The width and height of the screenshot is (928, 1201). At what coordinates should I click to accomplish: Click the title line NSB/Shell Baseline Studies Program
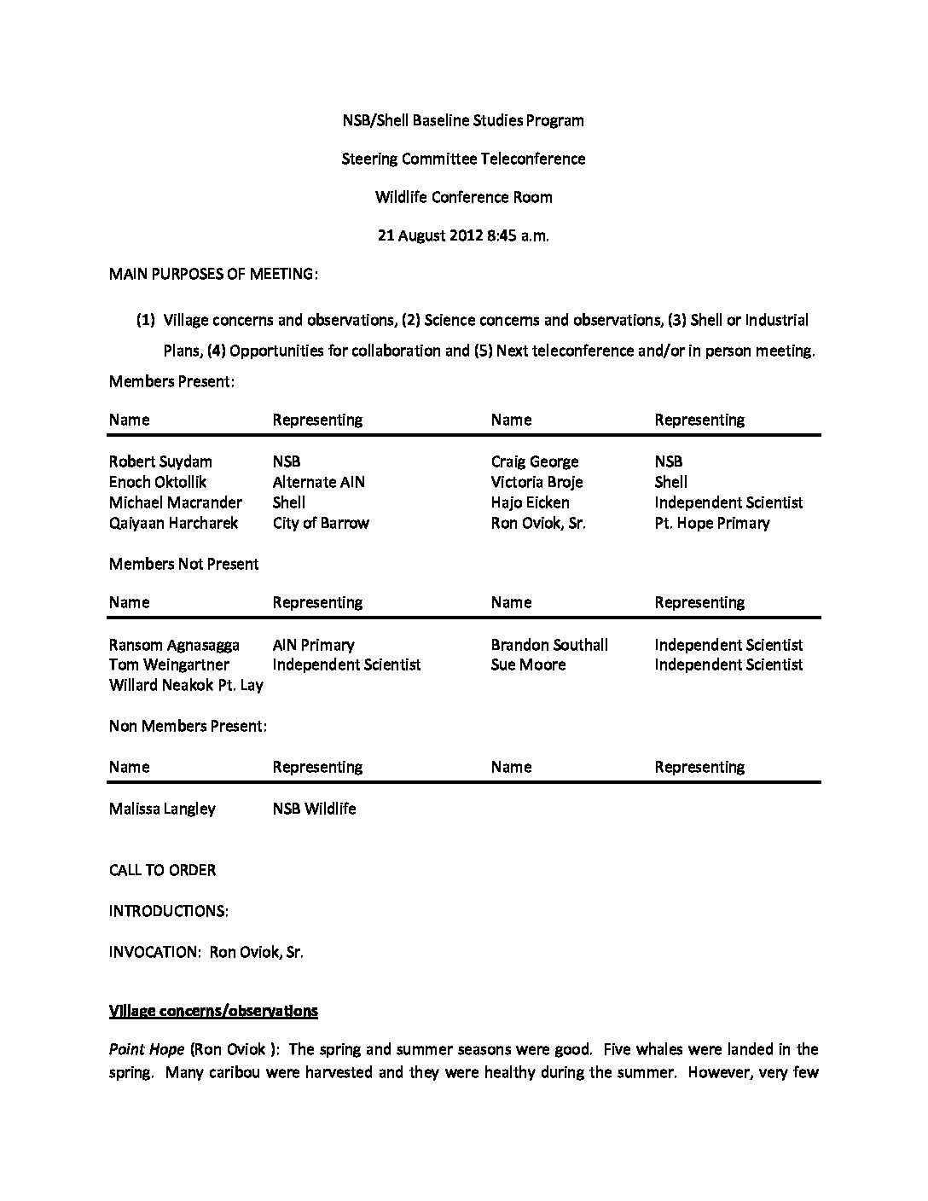463,120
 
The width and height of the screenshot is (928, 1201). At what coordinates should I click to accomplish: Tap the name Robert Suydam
160,461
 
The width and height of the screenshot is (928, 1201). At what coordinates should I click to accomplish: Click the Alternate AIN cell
318,482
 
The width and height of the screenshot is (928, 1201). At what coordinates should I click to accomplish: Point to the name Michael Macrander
175,502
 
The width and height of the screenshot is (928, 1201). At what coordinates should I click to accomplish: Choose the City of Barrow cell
321,523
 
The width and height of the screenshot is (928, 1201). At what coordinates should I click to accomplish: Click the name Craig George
535,461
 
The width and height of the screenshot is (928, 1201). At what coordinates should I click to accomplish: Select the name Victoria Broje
536,482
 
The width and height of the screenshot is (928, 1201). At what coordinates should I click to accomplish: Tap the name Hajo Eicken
530,502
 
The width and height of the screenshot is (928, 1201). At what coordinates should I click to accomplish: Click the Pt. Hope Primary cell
711,523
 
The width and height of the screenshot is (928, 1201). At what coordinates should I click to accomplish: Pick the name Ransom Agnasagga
174,645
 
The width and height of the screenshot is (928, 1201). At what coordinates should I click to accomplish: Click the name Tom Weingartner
169,664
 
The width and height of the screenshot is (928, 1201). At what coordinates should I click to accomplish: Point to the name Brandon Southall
549,645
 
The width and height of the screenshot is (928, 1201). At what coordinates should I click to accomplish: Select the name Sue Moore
528,664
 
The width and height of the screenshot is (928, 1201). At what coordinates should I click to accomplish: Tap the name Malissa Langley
162,809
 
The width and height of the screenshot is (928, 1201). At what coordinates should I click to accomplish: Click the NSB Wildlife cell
314,809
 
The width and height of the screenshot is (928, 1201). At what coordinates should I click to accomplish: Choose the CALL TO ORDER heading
162,870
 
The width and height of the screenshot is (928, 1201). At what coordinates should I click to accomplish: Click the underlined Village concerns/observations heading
213,1011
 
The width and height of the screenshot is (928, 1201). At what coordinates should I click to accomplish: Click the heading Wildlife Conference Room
463,197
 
